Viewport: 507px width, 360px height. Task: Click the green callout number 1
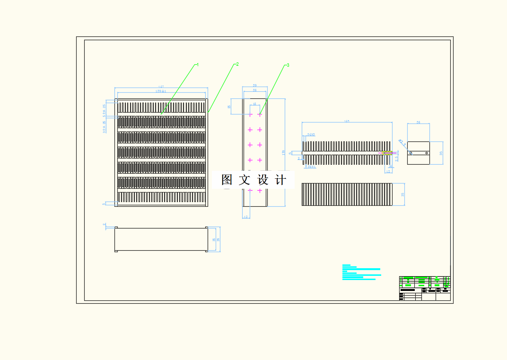click(198, 64)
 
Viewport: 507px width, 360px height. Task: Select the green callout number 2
click(237, 64)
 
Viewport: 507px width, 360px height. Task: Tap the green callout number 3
click(288, 65)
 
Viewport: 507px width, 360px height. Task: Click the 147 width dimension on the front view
click(161, 87)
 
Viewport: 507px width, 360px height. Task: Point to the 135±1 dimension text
click(161, 91)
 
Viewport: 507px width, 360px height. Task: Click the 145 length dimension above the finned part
click(347, 122)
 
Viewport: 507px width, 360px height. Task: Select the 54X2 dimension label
click(311, 135)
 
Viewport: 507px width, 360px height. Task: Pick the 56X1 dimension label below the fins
click(311, 167)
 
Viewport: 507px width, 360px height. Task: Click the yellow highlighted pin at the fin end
click(387, 153)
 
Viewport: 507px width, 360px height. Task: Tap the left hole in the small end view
click(411, 153)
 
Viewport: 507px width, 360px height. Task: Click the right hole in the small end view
click(427, 153)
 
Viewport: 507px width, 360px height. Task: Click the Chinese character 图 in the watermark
click(227, 180)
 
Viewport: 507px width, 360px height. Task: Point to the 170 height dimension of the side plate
click(284, 152)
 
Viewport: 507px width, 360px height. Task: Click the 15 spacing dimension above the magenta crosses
click(254, 104)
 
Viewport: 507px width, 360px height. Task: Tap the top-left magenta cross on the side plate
click(250, 114)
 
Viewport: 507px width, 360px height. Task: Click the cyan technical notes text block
click(360, 272)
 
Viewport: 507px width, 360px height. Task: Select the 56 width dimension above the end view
click(418, 122)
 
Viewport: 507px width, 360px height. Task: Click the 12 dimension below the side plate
click(246, 217)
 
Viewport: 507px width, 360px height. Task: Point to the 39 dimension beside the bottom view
click(218, 239)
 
